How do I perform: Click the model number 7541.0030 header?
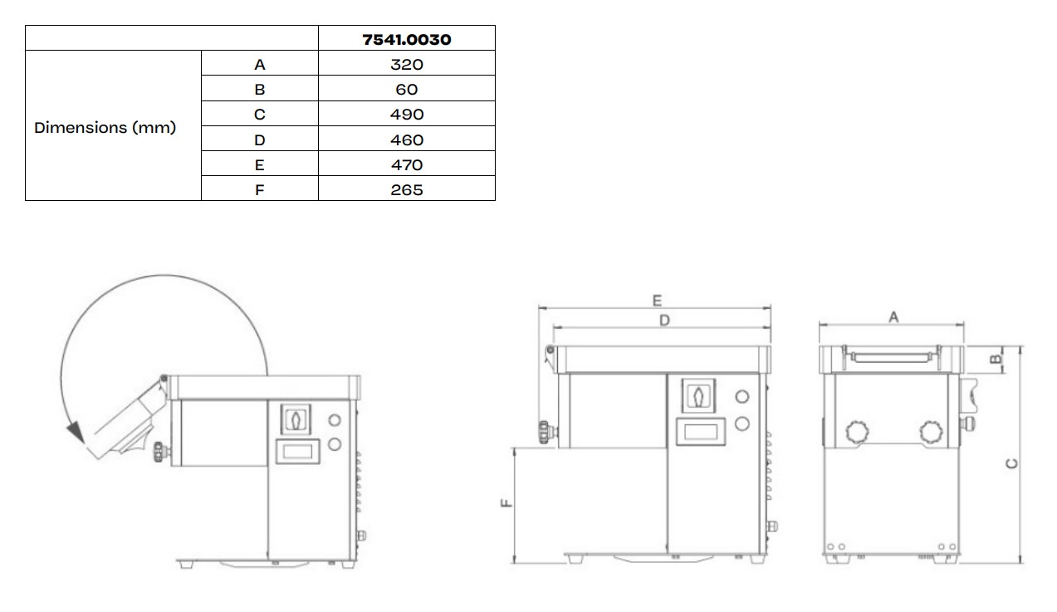tap(406, 39)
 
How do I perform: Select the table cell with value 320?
tap(406, 64)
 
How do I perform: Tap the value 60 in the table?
tap(406, 89)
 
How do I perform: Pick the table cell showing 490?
tap(406, 115)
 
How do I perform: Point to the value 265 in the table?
tap(406, 189)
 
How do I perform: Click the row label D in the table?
tap(260, 140)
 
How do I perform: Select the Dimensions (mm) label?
tap(105, 127)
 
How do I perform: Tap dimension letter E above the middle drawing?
tap(657, 300)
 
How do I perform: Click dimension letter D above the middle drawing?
tap(664, 321)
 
